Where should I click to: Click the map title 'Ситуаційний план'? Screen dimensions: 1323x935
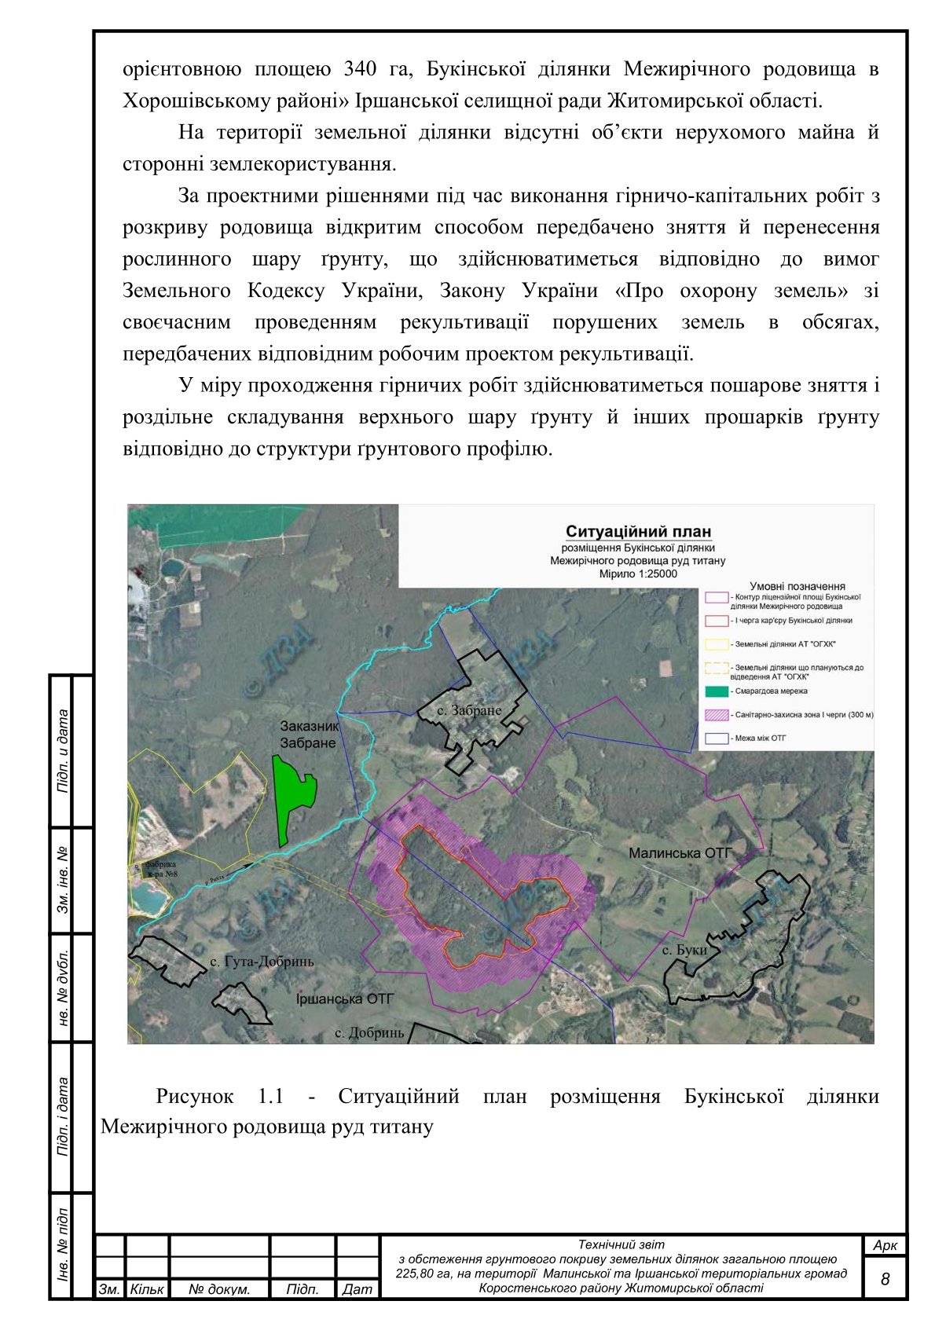click(x=638, y=532)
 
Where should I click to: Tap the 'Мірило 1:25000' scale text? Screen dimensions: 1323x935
click(x=638, y=574)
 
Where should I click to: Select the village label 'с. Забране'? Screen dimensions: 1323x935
click(x=469, y=710)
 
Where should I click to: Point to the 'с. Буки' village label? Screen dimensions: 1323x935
click(x=684, y=950)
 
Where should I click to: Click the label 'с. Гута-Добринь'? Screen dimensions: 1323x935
click(x=262, y=962)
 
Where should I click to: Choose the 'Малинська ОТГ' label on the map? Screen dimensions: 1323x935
click(x=680, y=852)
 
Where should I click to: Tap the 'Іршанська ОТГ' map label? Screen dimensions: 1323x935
click(x=344, y=999)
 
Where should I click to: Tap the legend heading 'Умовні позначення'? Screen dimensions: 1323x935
click(x=797, y=586)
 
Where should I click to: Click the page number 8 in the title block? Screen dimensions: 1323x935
click(x=885, y=1279)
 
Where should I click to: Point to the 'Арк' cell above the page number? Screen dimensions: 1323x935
click(x=885, y=1246)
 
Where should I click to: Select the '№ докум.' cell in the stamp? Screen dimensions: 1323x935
click(x=219, y=1289)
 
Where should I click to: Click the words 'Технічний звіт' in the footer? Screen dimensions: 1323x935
click(x=621, y=1244)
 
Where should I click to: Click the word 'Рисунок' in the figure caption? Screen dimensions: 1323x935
click(x=195, y=1096)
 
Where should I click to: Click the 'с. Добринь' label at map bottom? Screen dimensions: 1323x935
click(x=368, y=1032)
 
